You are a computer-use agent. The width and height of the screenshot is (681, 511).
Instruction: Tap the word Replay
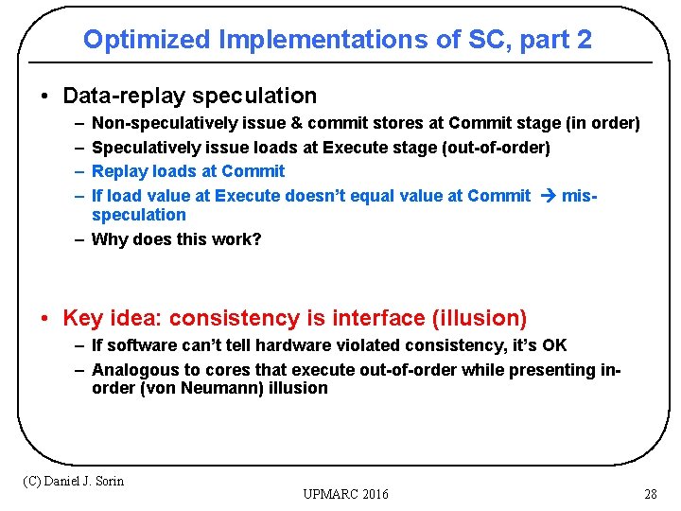pos(118,171)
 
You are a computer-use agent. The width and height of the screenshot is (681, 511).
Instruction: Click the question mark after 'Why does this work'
pos(257,239)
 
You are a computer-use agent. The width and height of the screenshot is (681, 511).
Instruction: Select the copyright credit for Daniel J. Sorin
pos(73,481)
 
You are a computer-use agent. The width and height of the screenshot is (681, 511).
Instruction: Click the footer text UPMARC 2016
pos(345,494)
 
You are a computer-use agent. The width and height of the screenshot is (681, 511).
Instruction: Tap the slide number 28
pos(650,494)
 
